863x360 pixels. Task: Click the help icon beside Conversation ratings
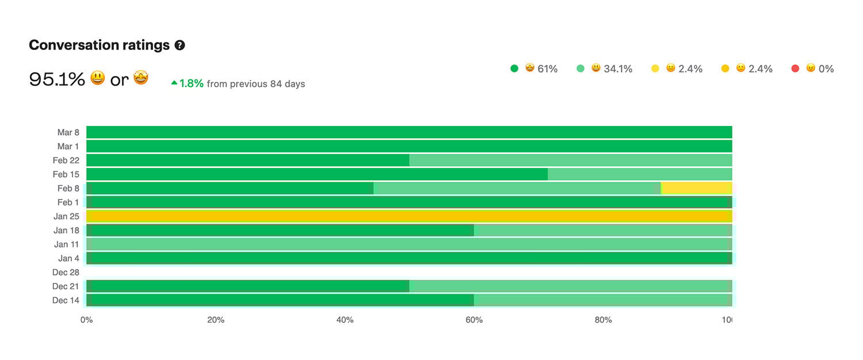coord(180,45)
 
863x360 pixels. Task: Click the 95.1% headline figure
coord(57,79)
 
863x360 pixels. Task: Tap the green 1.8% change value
coord(191,83)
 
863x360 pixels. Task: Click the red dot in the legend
coord(795,69)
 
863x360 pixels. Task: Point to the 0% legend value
coord(826,69)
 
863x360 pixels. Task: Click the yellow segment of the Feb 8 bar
coord(697,188)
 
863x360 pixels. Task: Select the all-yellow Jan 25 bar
coord(408,216)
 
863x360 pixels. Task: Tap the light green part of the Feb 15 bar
coord(639,174)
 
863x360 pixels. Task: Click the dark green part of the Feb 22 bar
coord(247,160)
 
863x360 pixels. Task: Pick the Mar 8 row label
coord(68,132)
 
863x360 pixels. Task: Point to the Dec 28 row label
coord(66,273)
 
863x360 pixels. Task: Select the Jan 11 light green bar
coord(408,244)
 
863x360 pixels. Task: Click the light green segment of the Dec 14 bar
coord(601,300)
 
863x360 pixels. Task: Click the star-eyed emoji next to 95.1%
coord(141,78)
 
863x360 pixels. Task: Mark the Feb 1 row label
coord(68,202)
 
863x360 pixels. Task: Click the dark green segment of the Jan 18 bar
coord(282,230)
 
